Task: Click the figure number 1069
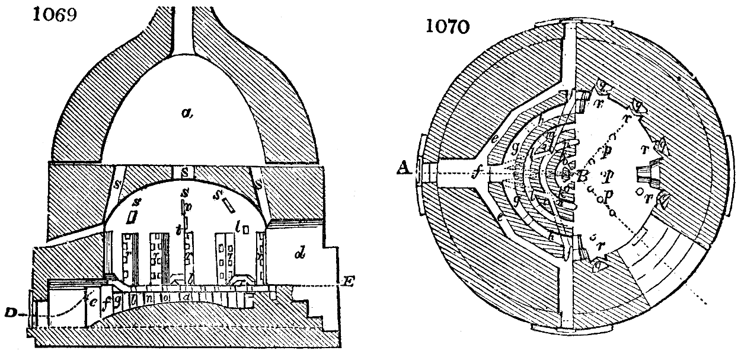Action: [x=52, y=14]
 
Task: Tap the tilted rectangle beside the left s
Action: [x=132, y=217]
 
